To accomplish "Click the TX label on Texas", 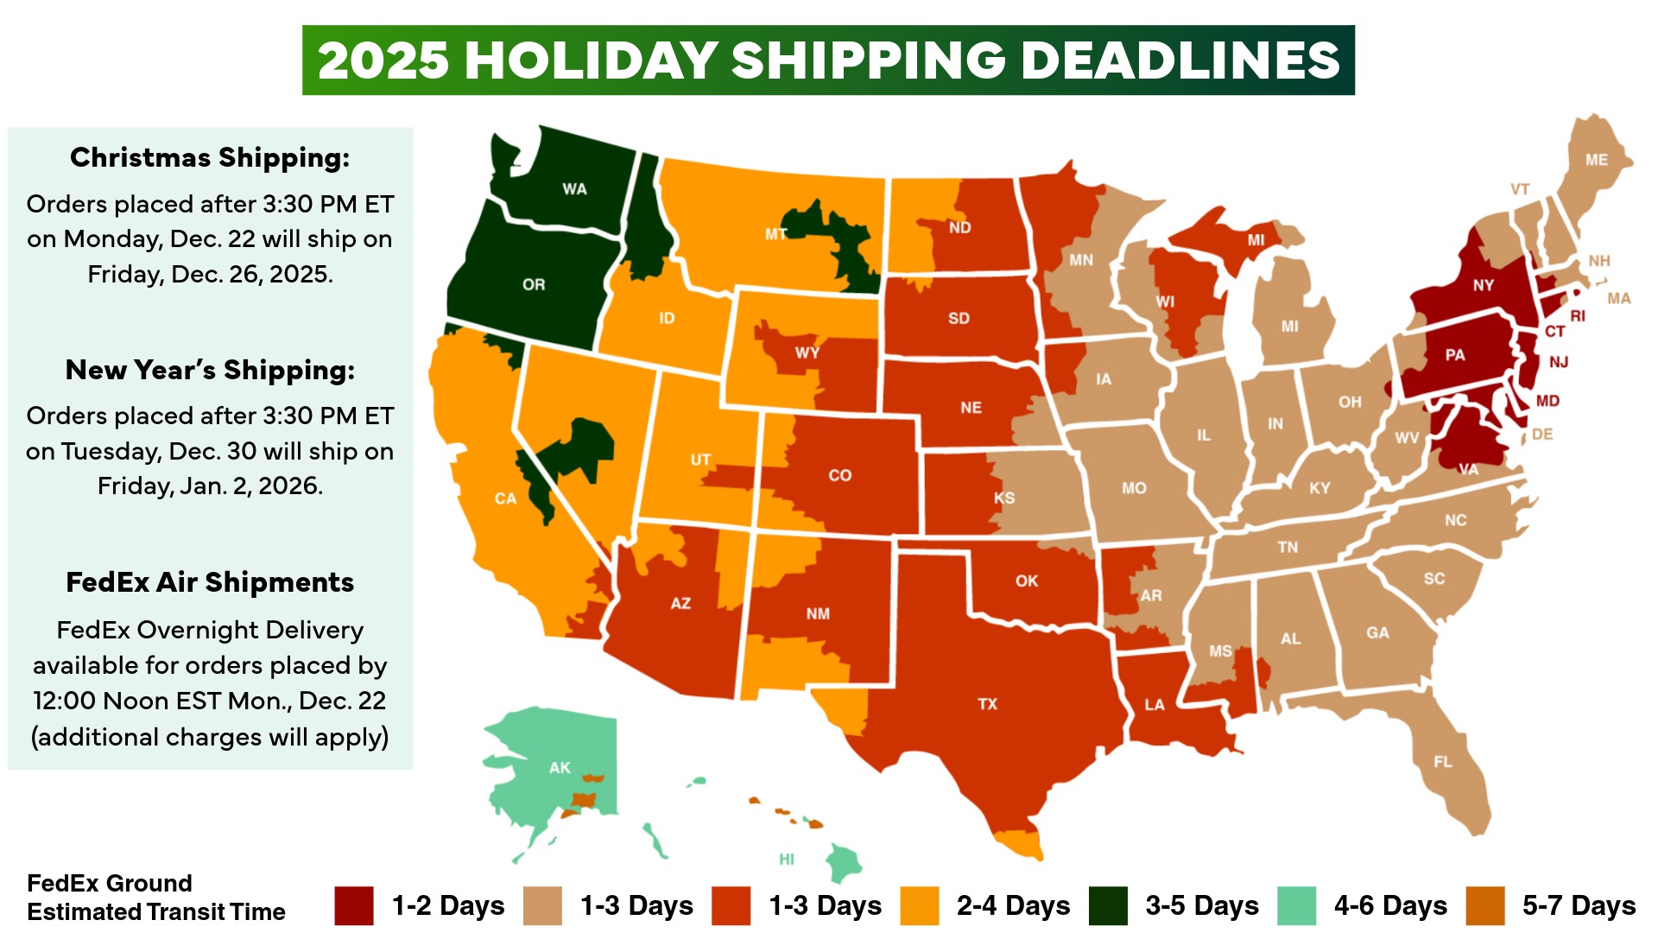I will pyautogui.click(x=987, y=704).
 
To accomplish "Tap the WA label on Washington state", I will pyautogui.click(x=574, y=189).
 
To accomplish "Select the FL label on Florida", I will pyautogui.click(x=1443, y=762).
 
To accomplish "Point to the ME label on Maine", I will pyautogui.click(x=1597, y=160).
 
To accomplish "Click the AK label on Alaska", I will pyautogui.click(x=560, y=767).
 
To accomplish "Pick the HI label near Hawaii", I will pyautogui.click(x=787, y=859).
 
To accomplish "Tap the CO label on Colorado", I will pyautogui.click(x=839, y=475).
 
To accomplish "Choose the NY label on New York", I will pyautogui.click(x=1484, y=285).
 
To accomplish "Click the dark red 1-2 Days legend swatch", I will pyautogui.click(x=354, y=905).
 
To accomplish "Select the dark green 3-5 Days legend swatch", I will pyautogui.click(x=1108, y=905).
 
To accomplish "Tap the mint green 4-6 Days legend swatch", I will pyautogui.click(x=1297, y=905).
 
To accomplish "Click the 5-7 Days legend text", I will pyautogui.click(x=1579, y=905).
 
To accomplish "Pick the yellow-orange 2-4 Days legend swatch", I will pyautogui.click(x=920, y=905).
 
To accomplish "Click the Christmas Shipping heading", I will pyautogui.click(x=210, y=157).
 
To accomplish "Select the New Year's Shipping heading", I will pyautogui.click(x=210, y=370).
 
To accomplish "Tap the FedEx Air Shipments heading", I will pyautogui.click(x=210, y=582).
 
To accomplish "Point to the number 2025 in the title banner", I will pyautogui.click(x=383, y=60).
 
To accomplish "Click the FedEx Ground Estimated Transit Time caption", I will pyautogui.click(x=155, y=898).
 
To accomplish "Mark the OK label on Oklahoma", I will pyautogui.click(x=1027, y=581).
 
